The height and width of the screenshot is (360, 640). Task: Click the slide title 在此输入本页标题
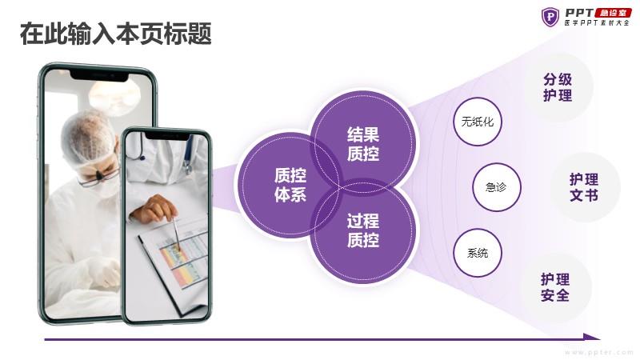click(x=116, y=34)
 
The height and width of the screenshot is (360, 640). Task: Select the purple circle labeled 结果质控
click(x=363, y=144)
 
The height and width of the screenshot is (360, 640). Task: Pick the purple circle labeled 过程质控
click(x=363, y=230)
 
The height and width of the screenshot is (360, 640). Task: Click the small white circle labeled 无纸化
click(x=477, y=122)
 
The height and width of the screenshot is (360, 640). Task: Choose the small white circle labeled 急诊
click(x=496, y=187)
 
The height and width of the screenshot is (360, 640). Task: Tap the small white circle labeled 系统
click(x=477, y=253)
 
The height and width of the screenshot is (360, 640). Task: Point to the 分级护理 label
click(x=558, y=87)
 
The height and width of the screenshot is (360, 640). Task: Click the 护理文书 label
click(x=584, y=187)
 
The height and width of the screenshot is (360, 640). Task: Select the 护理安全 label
click(x=555, y=287)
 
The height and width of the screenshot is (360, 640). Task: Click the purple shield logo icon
click(x=550, y=17)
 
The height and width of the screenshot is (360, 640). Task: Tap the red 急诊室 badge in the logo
click(x=613, y=13)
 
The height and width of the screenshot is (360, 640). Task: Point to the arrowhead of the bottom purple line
click(x=592, y=337)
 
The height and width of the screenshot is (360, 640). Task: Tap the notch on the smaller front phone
click(x=167, y=136)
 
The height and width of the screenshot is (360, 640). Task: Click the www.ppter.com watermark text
click(x=598, y=352)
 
